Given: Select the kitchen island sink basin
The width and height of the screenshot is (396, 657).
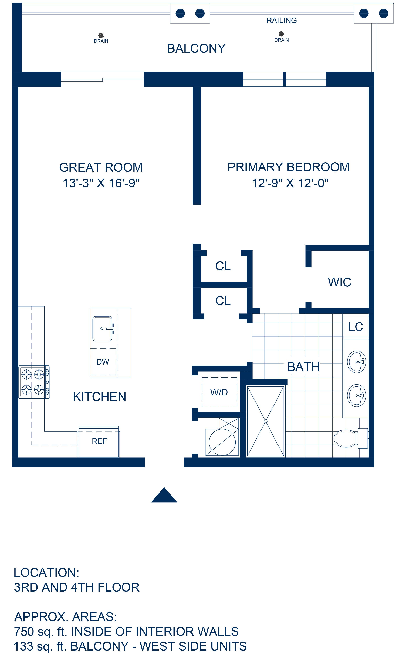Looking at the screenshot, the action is (102, 329).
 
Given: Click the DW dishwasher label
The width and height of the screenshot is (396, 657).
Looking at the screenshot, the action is (103, 362).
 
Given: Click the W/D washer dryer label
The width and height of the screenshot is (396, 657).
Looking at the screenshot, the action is (219, 392).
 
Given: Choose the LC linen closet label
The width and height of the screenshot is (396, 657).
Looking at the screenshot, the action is (356, 327).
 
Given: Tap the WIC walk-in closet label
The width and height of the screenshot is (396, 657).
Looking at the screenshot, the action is (340, 282).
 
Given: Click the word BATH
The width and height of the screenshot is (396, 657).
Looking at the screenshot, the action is (303, 367).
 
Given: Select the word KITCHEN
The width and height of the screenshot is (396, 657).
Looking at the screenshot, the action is (99, 397).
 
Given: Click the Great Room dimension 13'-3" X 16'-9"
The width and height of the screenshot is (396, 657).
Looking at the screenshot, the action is (101, 183).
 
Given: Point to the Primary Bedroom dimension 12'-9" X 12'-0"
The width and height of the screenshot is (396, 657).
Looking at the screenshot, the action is (290, 183).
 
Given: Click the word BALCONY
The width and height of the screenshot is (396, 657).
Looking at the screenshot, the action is (196, 48).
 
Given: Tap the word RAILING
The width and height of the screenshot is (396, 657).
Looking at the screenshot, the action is (282, 21).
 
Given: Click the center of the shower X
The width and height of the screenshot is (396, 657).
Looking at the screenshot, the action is (266, 421).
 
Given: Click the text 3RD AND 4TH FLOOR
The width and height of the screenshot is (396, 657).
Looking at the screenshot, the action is (77, 588).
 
